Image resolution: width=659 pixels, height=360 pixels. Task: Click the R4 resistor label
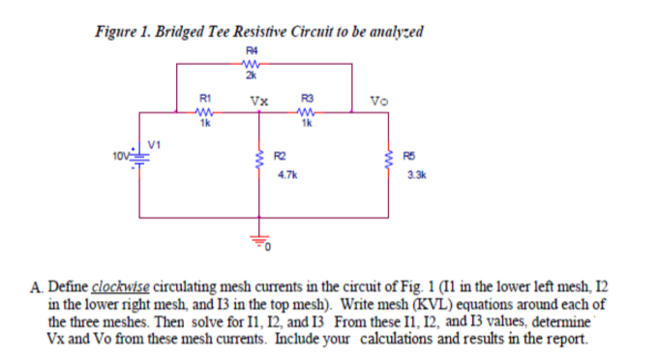point(251,45)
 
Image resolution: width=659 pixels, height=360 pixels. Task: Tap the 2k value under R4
point(251,75)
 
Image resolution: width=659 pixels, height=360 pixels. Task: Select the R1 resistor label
point(204,98)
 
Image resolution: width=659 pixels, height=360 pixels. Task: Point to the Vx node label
point(258,100)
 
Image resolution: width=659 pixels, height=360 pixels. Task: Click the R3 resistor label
point(308,98)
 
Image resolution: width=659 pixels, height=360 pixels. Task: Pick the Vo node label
point(379,100)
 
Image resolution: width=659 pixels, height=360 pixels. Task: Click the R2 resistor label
point(281,157)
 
